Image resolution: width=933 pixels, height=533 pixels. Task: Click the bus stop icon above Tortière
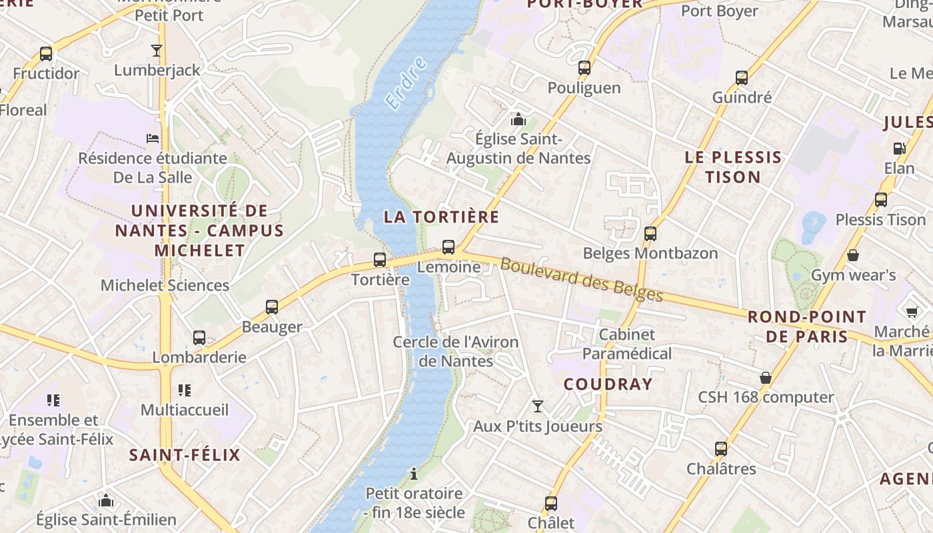tap(380, 260)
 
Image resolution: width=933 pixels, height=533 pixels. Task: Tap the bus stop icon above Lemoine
tap(449, 247)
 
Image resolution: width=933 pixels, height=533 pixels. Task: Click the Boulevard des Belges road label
tap(581, 280)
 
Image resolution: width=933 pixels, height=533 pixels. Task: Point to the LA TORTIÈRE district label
tap(441, 217)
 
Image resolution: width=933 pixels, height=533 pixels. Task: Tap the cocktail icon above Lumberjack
tap(157, 50)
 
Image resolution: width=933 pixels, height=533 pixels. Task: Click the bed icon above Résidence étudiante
tap(153, 139)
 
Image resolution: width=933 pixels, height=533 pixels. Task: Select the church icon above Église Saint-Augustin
tap(518, 120)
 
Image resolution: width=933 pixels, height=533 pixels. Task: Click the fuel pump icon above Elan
tap(899, 148)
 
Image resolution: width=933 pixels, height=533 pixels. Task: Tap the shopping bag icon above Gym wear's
tap(852, 255)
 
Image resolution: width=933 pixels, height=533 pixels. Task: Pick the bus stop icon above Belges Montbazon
tap(650, 234)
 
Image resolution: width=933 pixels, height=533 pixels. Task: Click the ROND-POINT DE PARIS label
tap(806, 326)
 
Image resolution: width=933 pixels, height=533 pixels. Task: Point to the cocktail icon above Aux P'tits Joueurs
tap(537, 406)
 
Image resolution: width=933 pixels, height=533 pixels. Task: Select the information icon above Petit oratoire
tap(414, 474)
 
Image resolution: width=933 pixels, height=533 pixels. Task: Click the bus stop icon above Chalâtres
tap(721, 449)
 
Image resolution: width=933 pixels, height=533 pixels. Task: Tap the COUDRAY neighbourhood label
tap(608, 384)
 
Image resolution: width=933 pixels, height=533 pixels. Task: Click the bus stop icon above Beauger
tap(271, 307)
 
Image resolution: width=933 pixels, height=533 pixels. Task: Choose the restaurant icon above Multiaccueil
tap(185, 390)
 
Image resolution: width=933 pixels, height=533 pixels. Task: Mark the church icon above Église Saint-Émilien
tap(105, 500)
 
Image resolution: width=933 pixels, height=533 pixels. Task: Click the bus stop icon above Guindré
tap(742, 78)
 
